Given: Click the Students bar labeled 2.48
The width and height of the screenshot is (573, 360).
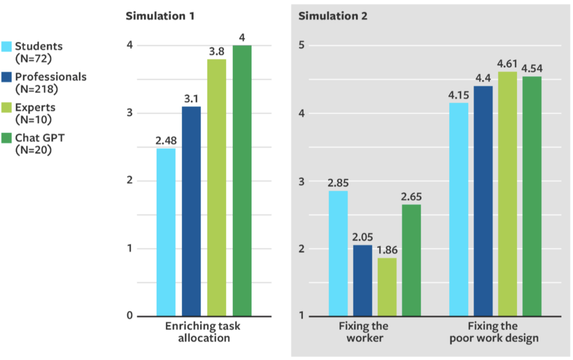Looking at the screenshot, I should click(166, 232).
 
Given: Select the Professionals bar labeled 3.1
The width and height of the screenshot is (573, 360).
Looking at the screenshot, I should click(191, 211).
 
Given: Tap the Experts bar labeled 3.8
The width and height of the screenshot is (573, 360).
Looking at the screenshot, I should click(217, 187).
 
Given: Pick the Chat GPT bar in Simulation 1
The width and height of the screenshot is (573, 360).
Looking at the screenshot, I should click(242, 180).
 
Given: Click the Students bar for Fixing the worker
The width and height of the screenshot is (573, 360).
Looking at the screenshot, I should click(338, 253).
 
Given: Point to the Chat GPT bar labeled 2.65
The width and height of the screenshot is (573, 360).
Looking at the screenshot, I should click(411, 260).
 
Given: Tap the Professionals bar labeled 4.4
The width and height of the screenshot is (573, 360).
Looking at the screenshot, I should click(483, 200).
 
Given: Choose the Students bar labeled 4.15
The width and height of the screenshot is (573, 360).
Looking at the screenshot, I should click(459, 209).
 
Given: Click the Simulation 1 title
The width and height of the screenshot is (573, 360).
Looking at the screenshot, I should click(160, 16).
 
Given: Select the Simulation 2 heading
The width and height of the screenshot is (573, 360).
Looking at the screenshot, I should click(333, 16).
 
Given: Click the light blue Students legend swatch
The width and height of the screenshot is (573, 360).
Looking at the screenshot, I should click(7, 46).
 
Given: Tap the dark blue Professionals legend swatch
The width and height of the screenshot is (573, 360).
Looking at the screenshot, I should click(7, 77).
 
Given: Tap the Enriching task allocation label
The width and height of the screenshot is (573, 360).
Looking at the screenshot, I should click(204, 332).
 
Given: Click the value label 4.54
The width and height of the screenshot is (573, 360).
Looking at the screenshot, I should click(532, 69).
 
